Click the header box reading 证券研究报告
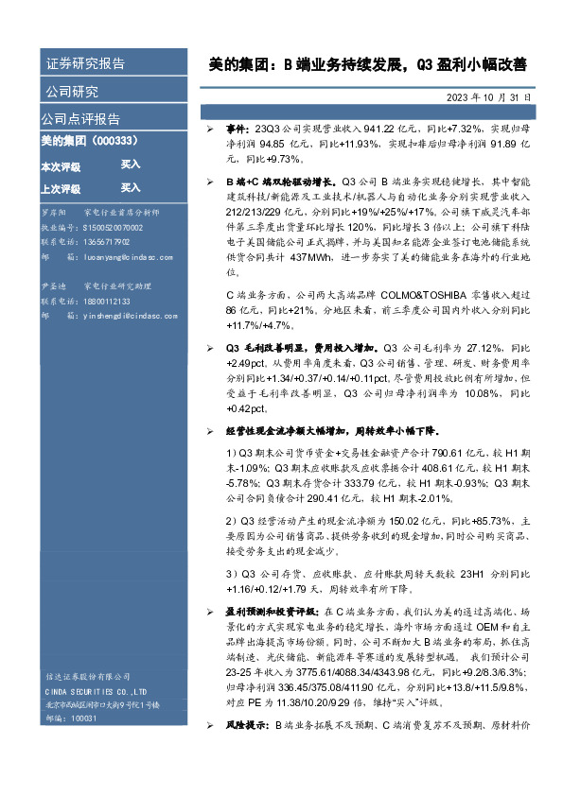point(85,64)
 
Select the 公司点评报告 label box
point(80,119)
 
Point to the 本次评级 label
point(60,166)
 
